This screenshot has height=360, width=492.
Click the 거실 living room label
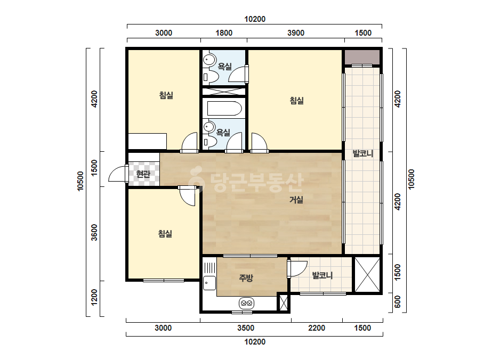point(296,200)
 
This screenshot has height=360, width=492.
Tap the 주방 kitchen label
point(246,277)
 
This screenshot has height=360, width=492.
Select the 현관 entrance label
point(143,174)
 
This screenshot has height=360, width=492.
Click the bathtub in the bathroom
point(224,109)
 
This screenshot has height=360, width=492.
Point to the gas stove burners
point(246,303)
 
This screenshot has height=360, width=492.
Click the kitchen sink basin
point(209,283)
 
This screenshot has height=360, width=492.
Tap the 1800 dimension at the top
point(224,33)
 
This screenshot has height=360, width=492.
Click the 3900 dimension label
point(296,33)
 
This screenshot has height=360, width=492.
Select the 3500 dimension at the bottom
point(246,328)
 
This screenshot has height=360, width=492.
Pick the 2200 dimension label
point(317,328)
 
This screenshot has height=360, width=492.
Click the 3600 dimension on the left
point(94,232)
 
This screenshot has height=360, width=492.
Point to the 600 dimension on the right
point(398,301)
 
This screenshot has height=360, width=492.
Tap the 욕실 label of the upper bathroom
point(224,67)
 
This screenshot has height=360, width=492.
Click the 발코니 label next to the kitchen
point(322,275)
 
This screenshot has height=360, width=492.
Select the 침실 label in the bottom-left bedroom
point(165,234)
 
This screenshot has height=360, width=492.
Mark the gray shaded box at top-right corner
point(362,57)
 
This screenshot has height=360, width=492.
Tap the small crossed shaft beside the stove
point(284,302)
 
